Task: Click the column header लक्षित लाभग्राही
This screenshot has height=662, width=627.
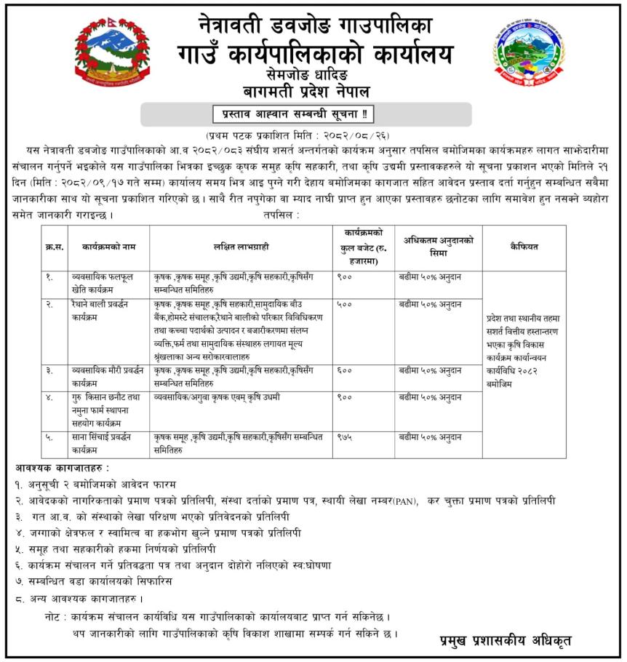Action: tap(241, 247)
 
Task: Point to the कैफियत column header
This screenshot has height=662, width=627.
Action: tap(524, 247)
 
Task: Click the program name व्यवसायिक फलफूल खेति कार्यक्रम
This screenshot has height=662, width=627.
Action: tap(97, 282)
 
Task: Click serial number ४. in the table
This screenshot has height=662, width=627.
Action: tap(49, 397)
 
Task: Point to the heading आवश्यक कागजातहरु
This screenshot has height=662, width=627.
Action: tap(63, 467)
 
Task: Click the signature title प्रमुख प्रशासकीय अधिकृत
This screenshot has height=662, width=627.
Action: tap(506, 641)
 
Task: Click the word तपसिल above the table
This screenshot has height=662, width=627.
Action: tap(282, 216)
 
